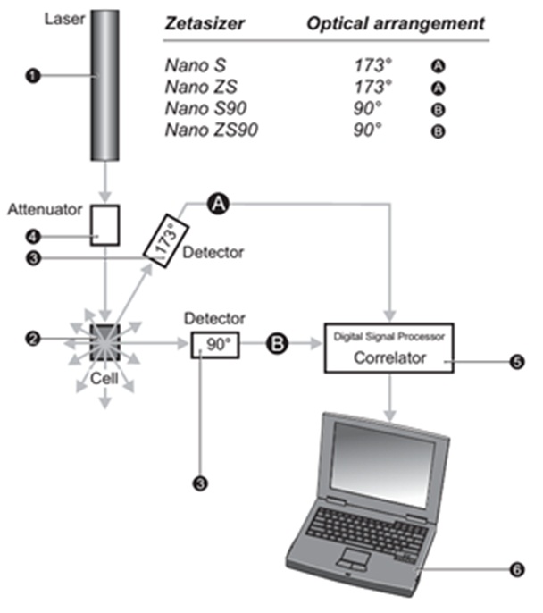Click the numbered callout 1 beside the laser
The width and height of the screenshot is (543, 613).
[33, 77]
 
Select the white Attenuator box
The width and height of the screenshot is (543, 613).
[106, 224]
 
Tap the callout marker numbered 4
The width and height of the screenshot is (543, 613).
[33, 237]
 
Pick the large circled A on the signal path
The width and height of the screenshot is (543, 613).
[218, 204]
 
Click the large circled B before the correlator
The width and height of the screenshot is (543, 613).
[278, 342]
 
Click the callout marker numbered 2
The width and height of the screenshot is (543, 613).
[33, 339]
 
